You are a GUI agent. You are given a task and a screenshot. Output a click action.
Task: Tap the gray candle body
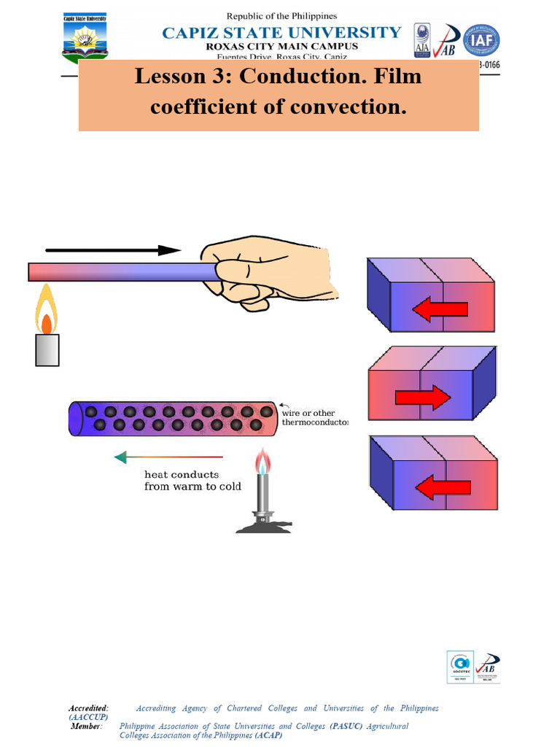[x=47, y=350]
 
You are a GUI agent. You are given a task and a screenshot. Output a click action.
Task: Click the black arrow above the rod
[x=105, y=250]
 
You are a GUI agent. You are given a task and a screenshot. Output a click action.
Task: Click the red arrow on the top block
[x=440, y=309]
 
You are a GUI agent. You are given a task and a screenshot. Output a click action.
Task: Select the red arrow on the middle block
[x=423, y=398]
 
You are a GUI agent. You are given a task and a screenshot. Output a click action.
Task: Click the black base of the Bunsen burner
[x=263, y=525]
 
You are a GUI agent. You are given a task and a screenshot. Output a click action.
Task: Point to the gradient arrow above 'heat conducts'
[x=168, y=457]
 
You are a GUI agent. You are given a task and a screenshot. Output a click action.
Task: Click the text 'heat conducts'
[x=182, y=475]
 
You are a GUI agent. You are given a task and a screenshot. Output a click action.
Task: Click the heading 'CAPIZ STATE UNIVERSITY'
[x=281, y=32]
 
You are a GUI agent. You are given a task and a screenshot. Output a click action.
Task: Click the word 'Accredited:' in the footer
[x=88, y=708]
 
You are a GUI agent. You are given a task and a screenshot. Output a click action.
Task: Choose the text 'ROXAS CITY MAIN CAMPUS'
[x=281, y=46]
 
